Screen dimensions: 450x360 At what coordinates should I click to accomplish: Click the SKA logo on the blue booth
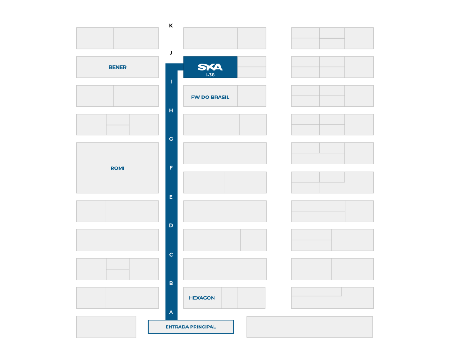(x=210, y=67)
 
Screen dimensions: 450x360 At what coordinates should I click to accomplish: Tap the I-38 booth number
(x=210, y=75)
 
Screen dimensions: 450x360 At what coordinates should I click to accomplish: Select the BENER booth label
(x=117, y=67)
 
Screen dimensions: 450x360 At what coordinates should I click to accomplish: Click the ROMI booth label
(x=117, y=168)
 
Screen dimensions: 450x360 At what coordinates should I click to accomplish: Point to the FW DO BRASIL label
(x=210, y=97)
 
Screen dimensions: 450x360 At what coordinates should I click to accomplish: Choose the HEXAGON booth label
(x=202, y=298)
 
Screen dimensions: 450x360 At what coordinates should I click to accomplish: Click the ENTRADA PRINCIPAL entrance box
(x=191, y=327)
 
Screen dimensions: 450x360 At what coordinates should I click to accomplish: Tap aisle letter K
(x=171, y=25)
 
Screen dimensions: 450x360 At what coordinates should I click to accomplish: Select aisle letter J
(x=171, y=53)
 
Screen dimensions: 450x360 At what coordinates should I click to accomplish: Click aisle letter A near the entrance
(x=171, y=312)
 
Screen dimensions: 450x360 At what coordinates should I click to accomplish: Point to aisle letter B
(x=171, y=283)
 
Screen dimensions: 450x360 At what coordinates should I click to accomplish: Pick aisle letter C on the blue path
(x=171, y=255)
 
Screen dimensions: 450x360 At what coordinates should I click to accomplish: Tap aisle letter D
(x=171, y=225)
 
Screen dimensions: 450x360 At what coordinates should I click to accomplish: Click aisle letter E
(x=171, y=197)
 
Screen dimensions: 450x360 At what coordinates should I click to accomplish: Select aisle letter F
(x=171, y=167)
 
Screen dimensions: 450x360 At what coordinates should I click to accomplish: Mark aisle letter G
(x=171, y=139)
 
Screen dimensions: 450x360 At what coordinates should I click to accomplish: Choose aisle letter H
(x=171, y=110)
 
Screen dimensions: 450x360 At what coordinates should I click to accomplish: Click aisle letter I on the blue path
(x=171, y=81)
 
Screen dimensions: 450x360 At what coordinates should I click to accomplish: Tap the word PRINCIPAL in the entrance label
(x=202, y=327)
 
